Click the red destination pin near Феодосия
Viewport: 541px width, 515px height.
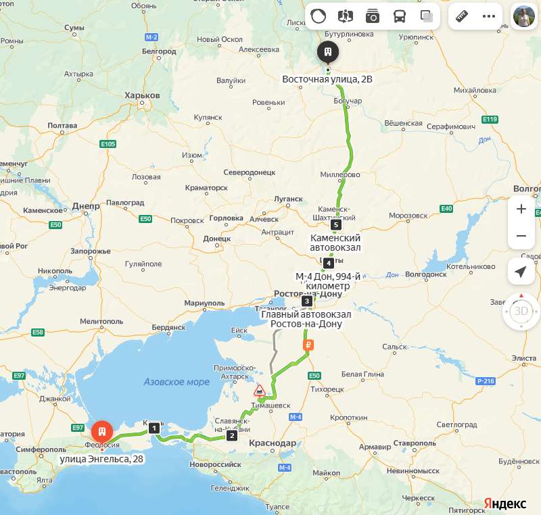click(102, 431)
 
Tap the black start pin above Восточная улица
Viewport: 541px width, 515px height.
click(328, 51)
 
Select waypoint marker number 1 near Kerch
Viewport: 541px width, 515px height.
click(155, 428)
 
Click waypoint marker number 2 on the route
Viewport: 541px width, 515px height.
click(233, 435)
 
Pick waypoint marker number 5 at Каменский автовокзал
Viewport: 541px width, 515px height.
click(336, 224)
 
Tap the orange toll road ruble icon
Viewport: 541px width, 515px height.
click(308, 345)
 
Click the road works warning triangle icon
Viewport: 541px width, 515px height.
click(260, 391)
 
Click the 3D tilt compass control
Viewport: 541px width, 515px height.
click(521, 312)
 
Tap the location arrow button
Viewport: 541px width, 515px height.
click(521, 272)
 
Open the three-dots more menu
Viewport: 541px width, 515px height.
click(489, 16)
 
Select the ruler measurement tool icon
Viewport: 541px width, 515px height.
click(463, 16)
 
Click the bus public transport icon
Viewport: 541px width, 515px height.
click(400, 16)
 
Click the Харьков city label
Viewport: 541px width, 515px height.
click(142, 96)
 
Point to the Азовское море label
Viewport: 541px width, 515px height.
click(177, 382)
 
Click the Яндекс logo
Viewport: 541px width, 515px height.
click(504, 504)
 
